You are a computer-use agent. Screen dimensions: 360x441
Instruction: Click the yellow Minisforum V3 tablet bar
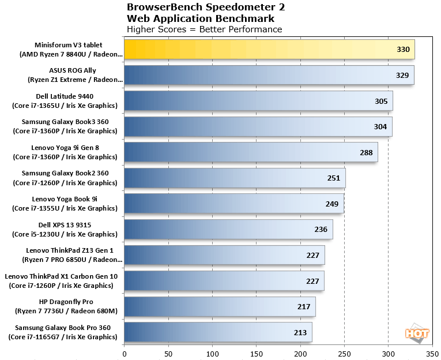tap(269, 50)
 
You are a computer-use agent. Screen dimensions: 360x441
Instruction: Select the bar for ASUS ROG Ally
tap(269, 75)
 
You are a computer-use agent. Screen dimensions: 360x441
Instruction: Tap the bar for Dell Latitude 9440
tap(258, 101)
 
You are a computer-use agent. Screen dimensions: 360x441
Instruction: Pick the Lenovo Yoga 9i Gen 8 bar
tap(251, 152)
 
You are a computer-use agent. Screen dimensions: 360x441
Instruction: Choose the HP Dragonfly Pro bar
tap(220, 306)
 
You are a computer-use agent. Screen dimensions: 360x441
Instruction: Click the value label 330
tap(403, 50)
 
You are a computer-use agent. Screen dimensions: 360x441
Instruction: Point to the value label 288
tap(366, 152)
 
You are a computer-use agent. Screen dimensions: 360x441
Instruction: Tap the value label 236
tap(321, 229)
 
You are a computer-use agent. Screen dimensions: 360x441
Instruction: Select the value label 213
tap(300, 332)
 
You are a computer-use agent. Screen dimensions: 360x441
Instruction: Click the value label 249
tap(332, 204)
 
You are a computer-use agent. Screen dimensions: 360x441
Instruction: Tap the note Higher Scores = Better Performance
tap(204, 29)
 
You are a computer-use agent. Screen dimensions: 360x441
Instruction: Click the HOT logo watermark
tap(416, 333)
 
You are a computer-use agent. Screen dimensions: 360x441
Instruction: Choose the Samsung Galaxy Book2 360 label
tap(65, 178)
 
